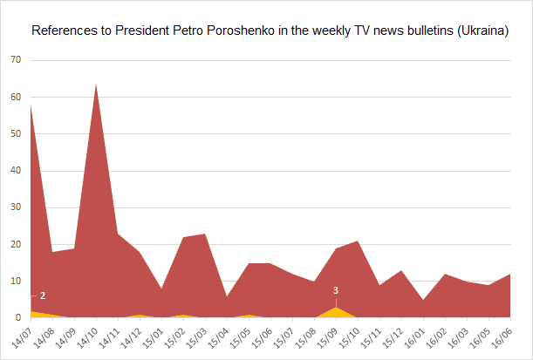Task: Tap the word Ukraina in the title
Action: coord(481,31)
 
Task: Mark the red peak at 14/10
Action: coord(95,84)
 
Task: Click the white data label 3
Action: coord(336,290)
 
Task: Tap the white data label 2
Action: coord(42,296)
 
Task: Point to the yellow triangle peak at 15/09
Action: coord(336,308)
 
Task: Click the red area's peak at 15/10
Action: coord(358,241)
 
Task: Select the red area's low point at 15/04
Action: coord(227,296)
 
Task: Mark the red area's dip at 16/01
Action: coord(423,300)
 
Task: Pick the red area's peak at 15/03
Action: coord(205,234)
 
